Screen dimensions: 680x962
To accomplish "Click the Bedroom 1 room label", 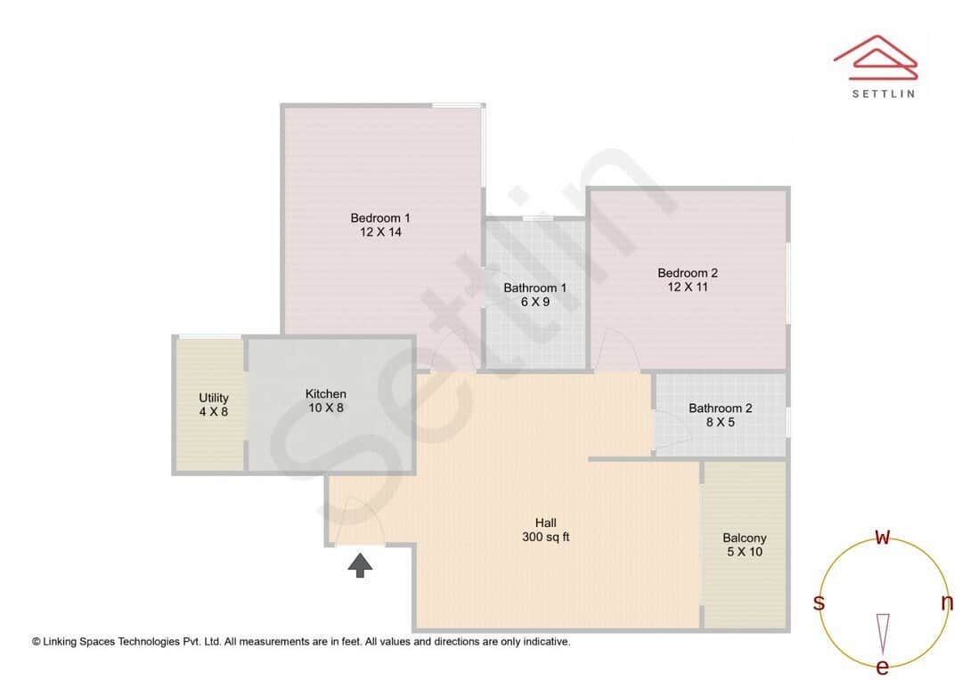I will coord(380,218).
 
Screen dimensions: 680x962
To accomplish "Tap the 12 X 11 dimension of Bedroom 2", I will coord(688,287).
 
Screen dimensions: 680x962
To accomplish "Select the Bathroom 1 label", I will coord(534,287).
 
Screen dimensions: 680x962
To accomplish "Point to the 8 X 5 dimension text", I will coord(720,423).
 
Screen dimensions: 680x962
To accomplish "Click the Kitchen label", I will coord(325,393).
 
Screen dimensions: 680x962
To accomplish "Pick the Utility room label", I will coord(214,398).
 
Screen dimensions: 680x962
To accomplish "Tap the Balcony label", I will coord(744,538).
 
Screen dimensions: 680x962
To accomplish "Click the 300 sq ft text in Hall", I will coord(545,537).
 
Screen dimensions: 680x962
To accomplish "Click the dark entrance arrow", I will coord(360,565).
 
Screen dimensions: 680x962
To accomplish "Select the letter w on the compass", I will coord(883,537).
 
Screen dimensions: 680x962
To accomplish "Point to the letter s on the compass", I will coord(819,603).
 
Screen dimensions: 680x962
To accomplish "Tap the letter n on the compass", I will coord(947,603).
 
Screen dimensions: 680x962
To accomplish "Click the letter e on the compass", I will coord(883,667).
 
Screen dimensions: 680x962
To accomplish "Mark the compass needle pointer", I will coord(883,633).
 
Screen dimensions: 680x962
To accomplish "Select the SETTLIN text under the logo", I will coord(883,93).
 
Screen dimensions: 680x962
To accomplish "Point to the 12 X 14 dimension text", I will coord(380,232).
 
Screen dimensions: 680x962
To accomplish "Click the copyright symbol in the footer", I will coord(37,641).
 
